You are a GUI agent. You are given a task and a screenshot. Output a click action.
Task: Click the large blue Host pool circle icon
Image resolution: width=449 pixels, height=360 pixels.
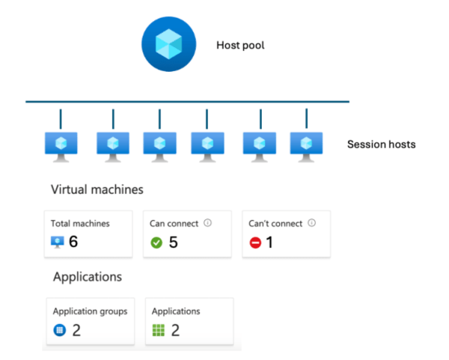pos(169,45)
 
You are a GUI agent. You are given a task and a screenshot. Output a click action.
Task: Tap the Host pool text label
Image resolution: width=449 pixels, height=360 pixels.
pos(240,45)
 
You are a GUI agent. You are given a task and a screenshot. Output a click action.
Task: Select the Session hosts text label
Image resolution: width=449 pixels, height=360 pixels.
pos(381,144)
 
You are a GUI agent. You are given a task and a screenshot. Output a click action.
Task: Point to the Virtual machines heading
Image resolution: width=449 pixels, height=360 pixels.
pos(97,190)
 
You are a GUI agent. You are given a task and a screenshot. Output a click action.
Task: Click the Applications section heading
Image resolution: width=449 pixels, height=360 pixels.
pos(88,277)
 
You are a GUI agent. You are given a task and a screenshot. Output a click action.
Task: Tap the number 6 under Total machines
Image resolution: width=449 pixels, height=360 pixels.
pos(73,242)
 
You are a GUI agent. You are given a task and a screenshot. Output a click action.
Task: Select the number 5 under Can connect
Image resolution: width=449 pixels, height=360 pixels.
pos(172,242)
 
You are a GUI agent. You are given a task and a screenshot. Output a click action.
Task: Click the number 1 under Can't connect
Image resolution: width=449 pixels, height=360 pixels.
pos(271,242)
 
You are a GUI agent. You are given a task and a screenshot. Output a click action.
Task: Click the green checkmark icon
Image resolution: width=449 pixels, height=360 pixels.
pos(156,242)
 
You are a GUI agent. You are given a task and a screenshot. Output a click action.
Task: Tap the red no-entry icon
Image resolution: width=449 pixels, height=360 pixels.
pos(255,242)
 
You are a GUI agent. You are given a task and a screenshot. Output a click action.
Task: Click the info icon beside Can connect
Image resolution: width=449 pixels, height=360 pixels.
pos(207,223)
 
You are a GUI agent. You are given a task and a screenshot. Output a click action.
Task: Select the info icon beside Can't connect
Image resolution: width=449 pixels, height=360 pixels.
pos(311,223)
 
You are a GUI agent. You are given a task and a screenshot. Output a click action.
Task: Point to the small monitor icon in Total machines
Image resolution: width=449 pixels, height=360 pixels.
pos(57,242)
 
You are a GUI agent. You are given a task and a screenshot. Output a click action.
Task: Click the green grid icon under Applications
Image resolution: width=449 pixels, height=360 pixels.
pos(157,330)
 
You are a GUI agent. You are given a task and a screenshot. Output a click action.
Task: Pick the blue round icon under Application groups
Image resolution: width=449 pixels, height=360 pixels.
pos(58,330)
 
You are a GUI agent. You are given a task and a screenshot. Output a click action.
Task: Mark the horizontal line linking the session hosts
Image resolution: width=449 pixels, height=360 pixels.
pos(187,102)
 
